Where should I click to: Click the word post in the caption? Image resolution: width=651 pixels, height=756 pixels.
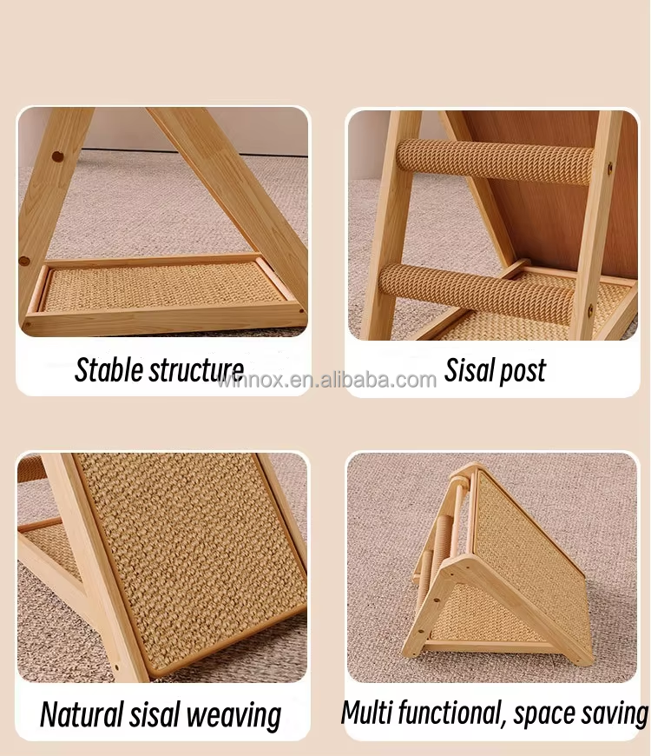tap(523, 371)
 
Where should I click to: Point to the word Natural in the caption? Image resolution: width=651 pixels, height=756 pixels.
tap(82, 714)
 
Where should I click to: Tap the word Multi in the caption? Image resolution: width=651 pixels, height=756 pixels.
tap(366, 712)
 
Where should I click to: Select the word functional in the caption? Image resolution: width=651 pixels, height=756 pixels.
tap(448, 712)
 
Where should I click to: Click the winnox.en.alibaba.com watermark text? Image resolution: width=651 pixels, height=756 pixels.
tap(327, 380)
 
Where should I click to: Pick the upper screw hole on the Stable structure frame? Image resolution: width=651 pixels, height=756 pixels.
tap(57, 157)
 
